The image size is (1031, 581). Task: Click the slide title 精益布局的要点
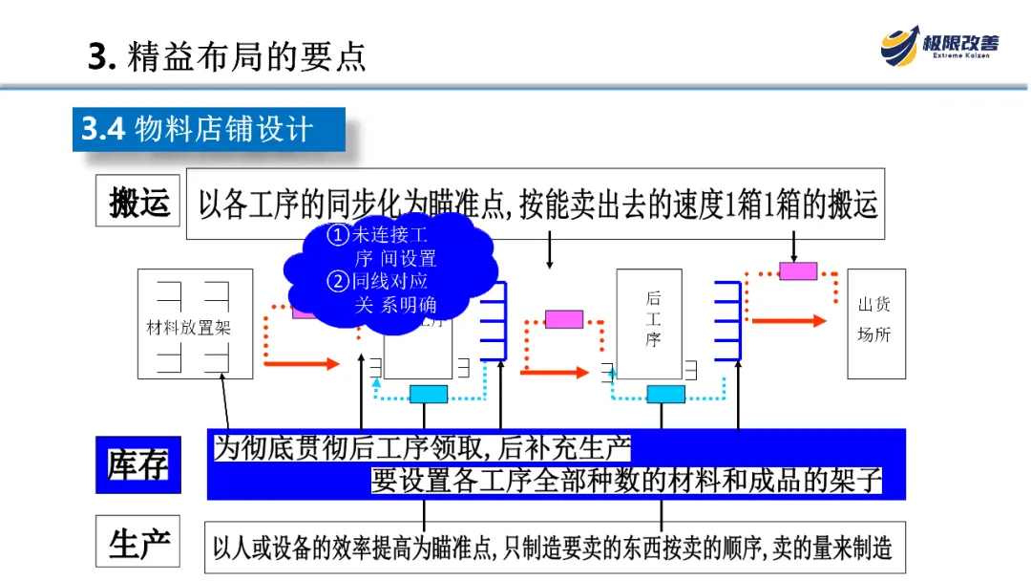[227, 56]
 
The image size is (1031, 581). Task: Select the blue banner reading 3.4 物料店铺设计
[208, 129]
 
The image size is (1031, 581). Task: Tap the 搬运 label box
[138, 204]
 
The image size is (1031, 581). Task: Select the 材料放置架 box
[195, 324]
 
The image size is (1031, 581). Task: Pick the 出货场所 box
[875, 323]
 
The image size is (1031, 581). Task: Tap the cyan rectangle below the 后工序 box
[665, 394]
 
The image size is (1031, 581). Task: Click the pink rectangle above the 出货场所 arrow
[798, 270]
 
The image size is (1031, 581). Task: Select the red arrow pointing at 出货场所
[789, 321]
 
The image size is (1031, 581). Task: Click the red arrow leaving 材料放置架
[301, 363]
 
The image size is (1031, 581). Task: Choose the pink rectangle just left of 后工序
[563, 319]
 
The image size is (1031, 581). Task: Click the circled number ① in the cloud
[338, 235]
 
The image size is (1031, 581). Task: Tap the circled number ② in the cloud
[338, 281]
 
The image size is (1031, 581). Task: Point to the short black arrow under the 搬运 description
[549, 253]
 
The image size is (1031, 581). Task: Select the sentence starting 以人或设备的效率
[552, 548]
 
